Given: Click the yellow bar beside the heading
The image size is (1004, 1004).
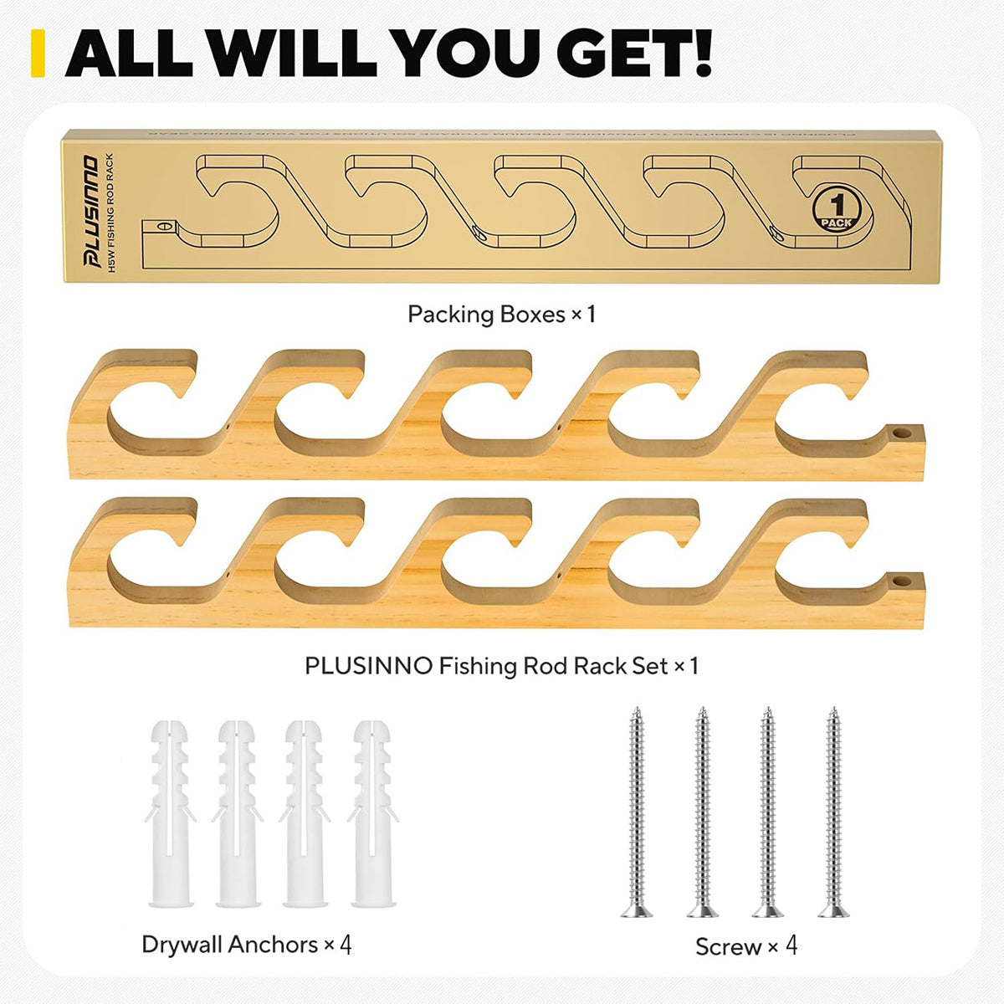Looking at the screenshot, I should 36,53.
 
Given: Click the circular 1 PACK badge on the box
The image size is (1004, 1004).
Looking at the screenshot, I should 836,208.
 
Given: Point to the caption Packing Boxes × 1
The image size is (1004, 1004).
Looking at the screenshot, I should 501,315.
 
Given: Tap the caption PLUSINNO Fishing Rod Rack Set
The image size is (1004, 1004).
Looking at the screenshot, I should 501,666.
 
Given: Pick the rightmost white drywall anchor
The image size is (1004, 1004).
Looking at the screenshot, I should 373,812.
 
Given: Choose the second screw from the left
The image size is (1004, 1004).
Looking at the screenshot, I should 702,812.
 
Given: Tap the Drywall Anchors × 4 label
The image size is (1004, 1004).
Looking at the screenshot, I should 247,945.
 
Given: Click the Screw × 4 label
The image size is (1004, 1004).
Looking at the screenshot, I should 746,947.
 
